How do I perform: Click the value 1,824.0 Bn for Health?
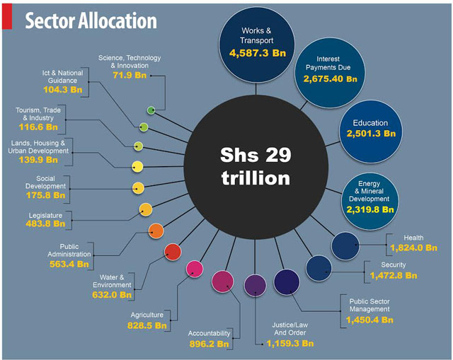pos(414,248)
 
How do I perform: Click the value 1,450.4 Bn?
pos(369,320)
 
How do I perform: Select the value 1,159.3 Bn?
pos(289,344)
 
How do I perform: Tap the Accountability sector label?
pos(210,333)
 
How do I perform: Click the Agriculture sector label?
pos(147,315)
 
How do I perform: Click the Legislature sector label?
pos(46,214)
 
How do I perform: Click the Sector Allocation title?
pos(91,21)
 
